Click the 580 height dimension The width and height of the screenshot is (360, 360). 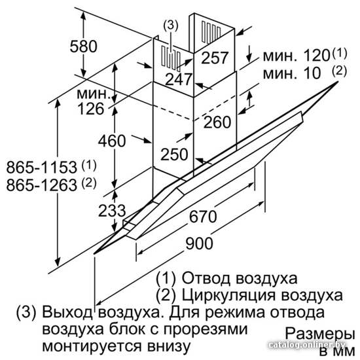coord(84,46)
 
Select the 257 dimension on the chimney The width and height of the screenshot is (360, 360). coord(215,58)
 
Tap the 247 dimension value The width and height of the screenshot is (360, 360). coord(179,79)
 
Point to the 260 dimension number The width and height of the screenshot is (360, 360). coord(217,122)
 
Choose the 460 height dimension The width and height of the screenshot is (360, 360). coord(112,141)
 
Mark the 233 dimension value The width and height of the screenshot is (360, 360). coord(112,211)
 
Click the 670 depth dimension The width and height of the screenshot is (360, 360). coord(203,217)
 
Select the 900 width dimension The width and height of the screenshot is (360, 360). coord(199,243)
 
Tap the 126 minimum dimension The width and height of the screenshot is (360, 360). coord(91,109)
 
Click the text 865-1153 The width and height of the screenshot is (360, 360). coord(41,167)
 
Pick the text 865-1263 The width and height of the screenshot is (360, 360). coord(41,185)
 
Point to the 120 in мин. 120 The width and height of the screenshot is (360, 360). coord(317,56)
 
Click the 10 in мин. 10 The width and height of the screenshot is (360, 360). coord(312,73)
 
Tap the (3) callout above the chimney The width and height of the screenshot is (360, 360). coord(171,26)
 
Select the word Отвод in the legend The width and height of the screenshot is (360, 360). coord(206,278)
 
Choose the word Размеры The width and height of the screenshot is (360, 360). coord(320,334)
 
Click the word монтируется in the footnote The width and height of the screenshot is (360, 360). coord(92,346)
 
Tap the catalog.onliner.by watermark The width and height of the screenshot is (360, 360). coord(307,344)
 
